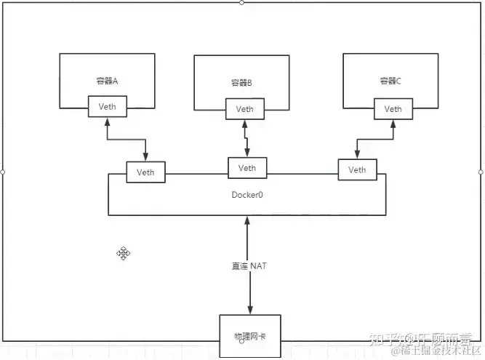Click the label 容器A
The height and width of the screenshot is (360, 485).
(x=107, y=81)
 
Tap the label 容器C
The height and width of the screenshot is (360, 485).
(x=390, y=81)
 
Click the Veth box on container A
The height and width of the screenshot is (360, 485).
(x=107, y=107)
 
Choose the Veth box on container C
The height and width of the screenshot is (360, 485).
(x=393, y=109)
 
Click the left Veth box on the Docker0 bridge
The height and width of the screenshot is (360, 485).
(x=145, y=172)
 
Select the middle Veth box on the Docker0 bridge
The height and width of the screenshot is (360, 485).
(x=247, y=168)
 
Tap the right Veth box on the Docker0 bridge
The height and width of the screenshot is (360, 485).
(x=357, y=169)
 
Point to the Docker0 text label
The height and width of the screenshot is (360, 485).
(x=246, y=196)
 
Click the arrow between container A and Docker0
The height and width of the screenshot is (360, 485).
(x=127, y=141)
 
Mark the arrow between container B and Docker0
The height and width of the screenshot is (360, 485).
(x=246, y=138)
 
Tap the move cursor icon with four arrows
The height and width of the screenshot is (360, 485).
(x=124, y=253)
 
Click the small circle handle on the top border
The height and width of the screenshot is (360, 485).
(x=241, y=2)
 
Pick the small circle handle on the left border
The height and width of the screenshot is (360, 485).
(x=3, y=172)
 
